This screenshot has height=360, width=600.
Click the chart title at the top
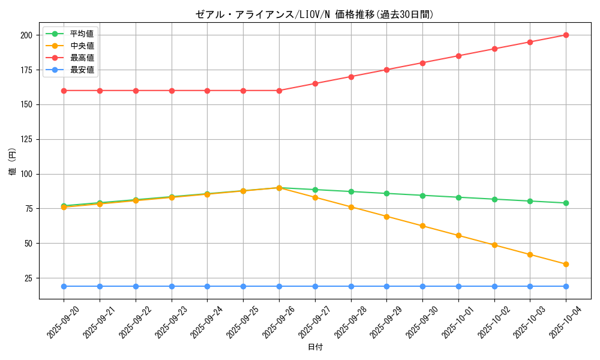314,14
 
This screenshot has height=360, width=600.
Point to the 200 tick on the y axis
26,35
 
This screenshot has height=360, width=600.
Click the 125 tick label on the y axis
26,139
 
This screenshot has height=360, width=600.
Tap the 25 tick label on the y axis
28,278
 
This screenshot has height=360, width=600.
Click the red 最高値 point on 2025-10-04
566,35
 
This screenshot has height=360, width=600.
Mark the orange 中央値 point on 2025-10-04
566,264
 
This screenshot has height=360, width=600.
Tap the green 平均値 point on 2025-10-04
566,203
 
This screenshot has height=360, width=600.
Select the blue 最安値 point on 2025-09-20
64,286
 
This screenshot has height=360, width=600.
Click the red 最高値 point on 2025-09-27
315,83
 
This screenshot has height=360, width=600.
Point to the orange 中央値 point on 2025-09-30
422,226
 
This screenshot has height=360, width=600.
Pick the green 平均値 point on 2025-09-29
386,193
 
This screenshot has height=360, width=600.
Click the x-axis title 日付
315,347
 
